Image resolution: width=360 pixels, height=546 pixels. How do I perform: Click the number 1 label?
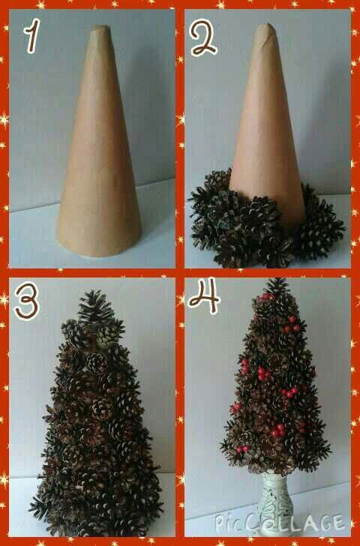click(32, 36)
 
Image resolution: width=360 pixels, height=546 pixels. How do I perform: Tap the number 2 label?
click(203, 37)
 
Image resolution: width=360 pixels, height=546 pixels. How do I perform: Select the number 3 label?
click(26, 301)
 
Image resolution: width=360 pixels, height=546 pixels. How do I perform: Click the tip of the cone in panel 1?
click(101, 26)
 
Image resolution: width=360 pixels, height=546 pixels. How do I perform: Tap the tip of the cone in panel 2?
click(266, 25)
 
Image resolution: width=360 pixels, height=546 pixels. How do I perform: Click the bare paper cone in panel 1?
click(99, 141)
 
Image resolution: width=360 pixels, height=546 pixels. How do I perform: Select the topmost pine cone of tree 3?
click(95, 307)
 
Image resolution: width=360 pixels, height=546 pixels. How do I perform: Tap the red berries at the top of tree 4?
click(267, 297)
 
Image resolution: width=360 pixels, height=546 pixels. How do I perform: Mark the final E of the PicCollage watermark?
click(337, 522)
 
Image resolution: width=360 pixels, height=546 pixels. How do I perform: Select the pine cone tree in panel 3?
click(97, 414)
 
